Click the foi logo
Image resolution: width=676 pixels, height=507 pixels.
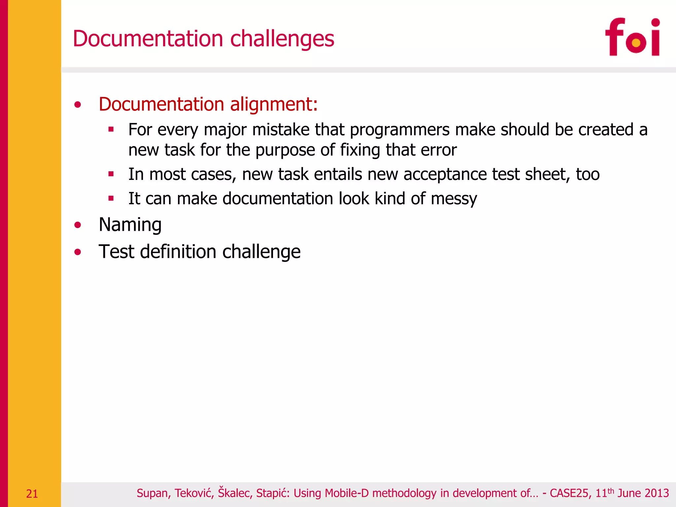(632, 37)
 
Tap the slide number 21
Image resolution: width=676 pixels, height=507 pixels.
(32, 494)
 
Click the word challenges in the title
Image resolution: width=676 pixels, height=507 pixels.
(282, 39)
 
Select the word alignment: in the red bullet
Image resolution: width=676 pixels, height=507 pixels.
(274, 104)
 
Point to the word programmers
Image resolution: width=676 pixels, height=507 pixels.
(399, 130)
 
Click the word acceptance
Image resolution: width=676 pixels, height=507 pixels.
(445, 175)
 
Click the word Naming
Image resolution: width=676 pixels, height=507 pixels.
(130, 225)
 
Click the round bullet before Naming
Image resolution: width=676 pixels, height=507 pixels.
(78, 225)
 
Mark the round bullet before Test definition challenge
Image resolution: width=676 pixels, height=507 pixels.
(78, 252)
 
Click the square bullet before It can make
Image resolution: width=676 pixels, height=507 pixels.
(111, 198)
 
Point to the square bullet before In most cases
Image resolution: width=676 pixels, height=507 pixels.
(111, 174)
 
